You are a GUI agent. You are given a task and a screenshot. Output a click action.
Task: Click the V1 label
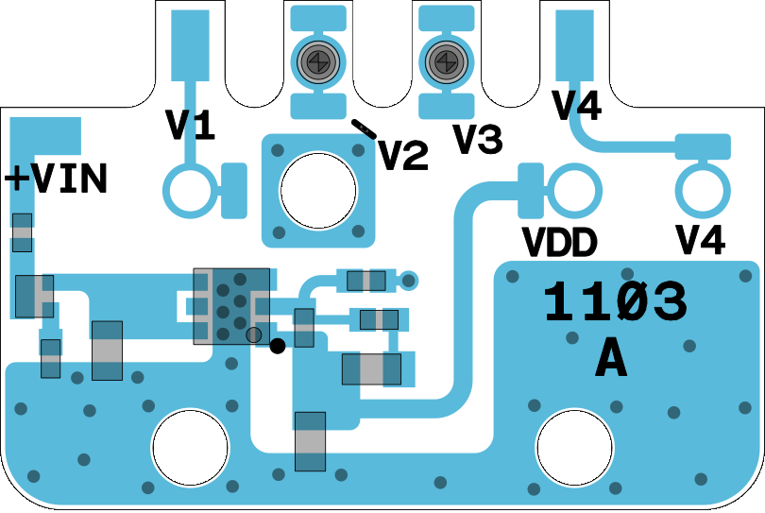190,126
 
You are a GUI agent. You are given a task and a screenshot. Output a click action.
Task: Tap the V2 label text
403,156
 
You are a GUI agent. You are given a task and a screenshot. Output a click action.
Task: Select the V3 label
477,140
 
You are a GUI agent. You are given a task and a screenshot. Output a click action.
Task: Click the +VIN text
57,180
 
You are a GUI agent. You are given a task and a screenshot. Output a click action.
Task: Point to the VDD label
560,244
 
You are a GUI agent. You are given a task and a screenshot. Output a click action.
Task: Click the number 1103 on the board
615,303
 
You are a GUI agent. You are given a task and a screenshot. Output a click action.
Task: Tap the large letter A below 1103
611,359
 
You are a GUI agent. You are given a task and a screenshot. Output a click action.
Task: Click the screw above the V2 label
317,62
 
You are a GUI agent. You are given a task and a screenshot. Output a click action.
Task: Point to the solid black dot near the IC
278,346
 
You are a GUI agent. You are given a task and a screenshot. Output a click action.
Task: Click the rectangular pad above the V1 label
190,45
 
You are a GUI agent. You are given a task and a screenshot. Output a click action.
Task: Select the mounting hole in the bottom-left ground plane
191,448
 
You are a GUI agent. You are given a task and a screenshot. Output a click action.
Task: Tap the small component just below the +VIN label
22,232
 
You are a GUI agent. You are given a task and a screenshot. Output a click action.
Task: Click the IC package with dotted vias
230,305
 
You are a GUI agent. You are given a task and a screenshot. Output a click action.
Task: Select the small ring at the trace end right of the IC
408,280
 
